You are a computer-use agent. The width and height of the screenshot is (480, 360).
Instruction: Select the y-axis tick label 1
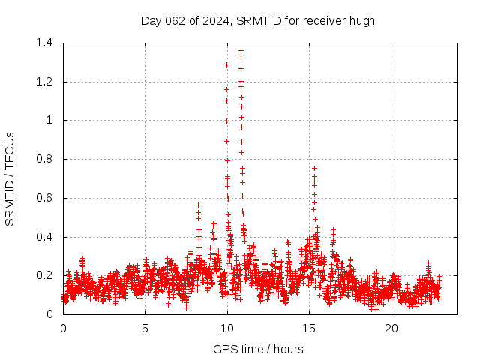[50, 120]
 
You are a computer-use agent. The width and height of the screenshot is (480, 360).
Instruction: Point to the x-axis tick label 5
[145, 328]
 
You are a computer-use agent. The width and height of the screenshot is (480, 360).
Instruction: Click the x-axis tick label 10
[227, 328]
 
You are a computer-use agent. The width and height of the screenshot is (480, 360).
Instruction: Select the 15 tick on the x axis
[309, 328]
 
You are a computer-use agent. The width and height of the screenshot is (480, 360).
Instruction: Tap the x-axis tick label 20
[391, 328]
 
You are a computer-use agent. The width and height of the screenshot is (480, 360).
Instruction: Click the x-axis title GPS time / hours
[258, 349]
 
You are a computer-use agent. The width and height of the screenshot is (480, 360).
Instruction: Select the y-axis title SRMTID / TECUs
[10, 178]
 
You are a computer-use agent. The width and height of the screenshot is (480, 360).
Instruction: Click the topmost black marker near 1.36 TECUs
[241, 51]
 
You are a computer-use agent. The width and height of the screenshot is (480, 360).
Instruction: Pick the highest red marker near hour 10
[226, 64]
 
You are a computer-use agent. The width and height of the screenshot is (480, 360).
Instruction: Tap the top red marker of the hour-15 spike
[314, 169]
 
